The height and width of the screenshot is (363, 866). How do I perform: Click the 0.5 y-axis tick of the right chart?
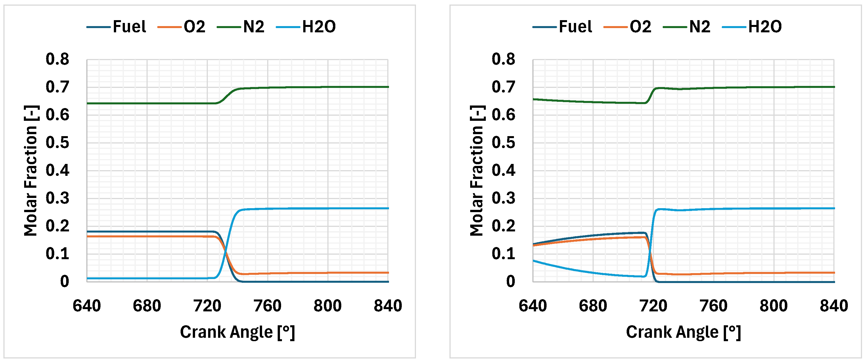point(503,143)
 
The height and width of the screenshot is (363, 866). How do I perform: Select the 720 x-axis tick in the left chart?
point(207,306)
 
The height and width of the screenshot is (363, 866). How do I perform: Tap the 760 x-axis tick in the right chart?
point(713,306)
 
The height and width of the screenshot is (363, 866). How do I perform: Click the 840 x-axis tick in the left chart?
point(388,306)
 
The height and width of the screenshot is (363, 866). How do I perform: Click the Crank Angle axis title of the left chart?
point(237,332)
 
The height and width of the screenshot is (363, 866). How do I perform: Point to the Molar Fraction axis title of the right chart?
point(477,171)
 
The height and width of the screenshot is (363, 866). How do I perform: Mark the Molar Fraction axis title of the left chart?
point(31,171)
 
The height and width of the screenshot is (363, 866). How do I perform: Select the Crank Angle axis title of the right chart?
point(683,332)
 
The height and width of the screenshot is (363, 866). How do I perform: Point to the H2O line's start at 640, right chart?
point(534,261)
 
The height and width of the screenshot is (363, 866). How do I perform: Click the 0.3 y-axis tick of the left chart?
point(57,198)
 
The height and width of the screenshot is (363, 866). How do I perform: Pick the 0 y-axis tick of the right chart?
point(510,281)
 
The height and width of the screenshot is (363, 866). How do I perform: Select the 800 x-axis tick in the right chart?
point(773,306)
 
